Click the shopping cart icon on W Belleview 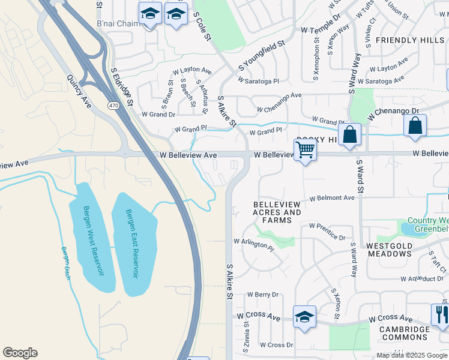click(x=306, y=151)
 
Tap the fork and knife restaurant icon click(x=441, y=315)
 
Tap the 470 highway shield click(x=113, y=106)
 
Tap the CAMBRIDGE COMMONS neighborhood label click(x=403, y=333)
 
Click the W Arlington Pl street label click(x=253, y=244)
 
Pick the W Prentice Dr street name click(x=327, y=232)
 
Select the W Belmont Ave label click(x=332, y=198)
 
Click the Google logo click(x=20, y=353)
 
